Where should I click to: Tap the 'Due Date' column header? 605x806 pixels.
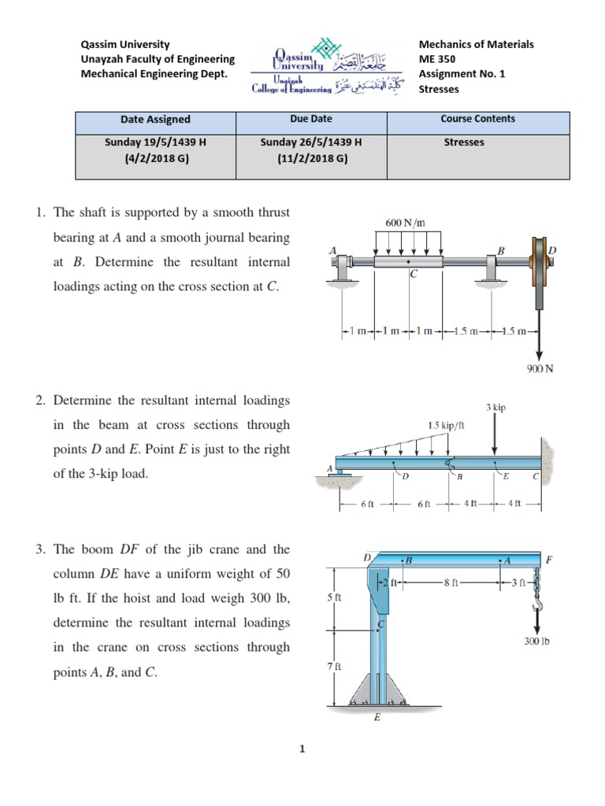311,119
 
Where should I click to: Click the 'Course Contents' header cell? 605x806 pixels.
477,119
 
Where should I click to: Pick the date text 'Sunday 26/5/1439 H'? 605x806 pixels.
311,142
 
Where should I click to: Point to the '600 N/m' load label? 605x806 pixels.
405,223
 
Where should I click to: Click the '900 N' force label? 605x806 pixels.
540,368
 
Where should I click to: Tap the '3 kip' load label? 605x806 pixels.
496,407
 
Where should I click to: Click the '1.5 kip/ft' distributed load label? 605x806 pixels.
444,425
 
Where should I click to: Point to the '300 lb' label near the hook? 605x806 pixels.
536,641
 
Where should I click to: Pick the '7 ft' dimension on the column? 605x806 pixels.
333,667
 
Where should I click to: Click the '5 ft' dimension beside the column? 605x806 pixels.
333,597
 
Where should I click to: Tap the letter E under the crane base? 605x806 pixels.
377,717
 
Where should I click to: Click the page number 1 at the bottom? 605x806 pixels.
302,749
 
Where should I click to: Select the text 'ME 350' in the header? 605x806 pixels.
438,59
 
